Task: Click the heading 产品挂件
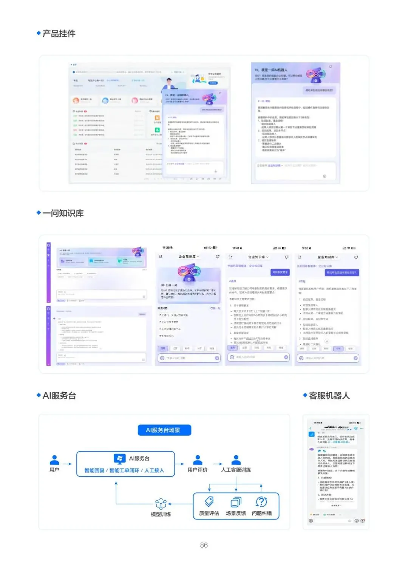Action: coord(59,34)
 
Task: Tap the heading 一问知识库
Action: coord(63,213)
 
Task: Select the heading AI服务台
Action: coord(59,396)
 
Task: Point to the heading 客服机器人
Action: coord(329,396)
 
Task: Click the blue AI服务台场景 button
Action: coord(164,430)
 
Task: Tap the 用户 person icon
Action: coord(54,460)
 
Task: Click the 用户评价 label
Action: coord(198,470)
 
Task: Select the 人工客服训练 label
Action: coord(236,470)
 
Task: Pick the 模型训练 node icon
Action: coord(161,504)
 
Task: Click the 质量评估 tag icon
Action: coord(209,502)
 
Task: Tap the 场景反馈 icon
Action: coord(236,502)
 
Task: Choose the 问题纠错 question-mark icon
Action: coord(261,502)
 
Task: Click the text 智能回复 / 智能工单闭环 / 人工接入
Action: coord(124,470)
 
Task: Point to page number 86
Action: coord(204,545)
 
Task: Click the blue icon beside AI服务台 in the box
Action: coord(120,458)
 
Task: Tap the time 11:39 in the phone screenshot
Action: coord(167,248)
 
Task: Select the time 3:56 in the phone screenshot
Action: coord(305,248)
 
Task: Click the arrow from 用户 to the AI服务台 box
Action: coord(67,464)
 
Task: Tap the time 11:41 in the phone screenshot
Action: coord(236,248)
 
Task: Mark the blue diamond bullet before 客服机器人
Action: coord(305,395)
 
